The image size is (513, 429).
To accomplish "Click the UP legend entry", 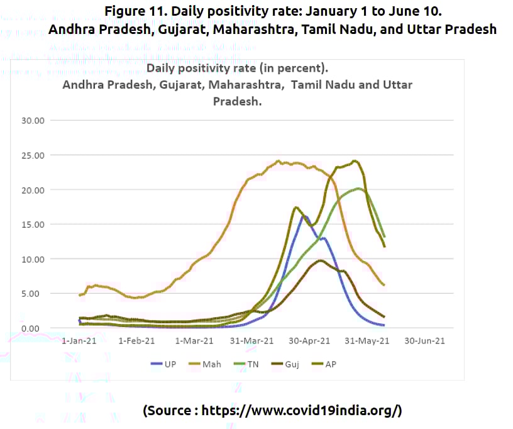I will [165, 364].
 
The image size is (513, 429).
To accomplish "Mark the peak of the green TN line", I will [358, 188].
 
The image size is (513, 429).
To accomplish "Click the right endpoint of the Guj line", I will [383, 316].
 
